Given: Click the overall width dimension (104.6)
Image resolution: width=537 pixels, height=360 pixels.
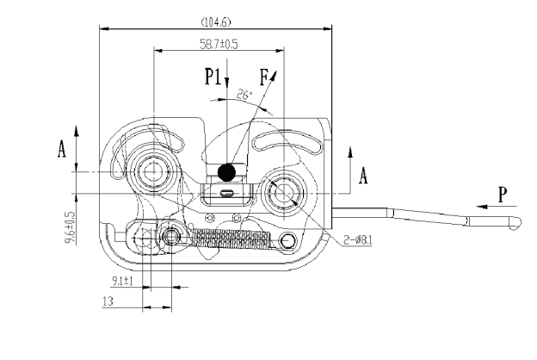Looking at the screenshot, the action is (216, 22).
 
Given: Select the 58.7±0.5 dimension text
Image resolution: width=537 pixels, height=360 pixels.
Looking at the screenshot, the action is (219, 44).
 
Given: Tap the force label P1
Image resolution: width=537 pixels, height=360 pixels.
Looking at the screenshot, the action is (213, 76).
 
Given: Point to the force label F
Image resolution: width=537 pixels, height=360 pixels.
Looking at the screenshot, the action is (263, 78).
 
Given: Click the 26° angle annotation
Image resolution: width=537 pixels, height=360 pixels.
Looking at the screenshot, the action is (244, 95).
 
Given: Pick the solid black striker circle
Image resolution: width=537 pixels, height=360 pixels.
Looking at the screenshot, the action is (226, 172).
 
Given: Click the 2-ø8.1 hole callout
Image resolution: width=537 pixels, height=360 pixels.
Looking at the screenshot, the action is (357, 240).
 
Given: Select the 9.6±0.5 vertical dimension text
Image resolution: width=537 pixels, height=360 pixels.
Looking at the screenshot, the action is (70, 227).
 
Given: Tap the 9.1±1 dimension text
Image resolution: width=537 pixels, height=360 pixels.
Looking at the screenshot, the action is (122, 282).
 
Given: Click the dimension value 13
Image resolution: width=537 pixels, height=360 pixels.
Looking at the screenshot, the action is (108, 301).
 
